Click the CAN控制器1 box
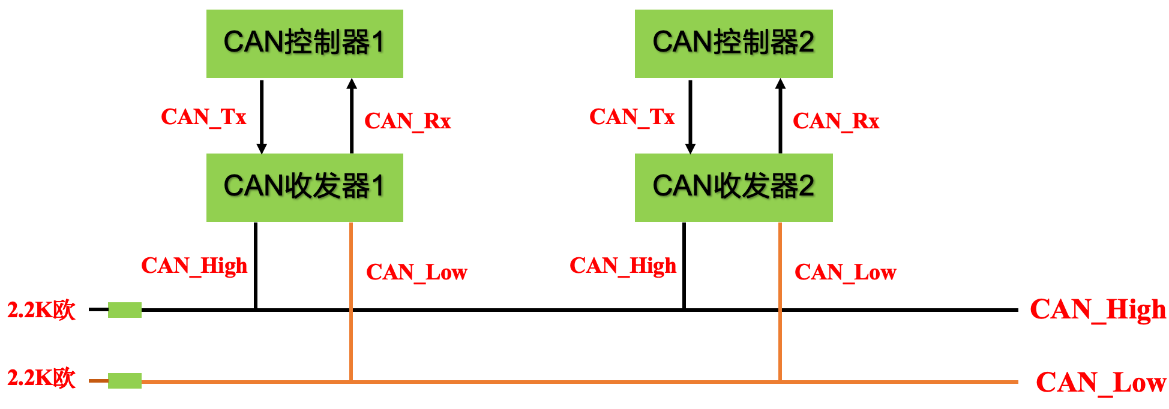(304, 43)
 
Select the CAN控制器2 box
(733, 43)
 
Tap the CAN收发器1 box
(304, 187)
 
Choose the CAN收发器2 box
(733, 187)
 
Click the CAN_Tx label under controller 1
(203, 117)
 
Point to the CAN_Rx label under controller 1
(407, 121)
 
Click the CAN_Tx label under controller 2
(632, 117)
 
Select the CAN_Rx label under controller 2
(836, 121)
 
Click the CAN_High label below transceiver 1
(194, 266)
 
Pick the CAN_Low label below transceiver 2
(845, 272)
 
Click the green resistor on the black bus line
(125, 310)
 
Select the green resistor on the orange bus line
(125, 381)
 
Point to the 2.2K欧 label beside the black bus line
(41, 310)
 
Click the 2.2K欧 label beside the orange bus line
(41, 378)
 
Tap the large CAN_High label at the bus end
(1098, 310)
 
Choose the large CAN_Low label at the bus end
(1101, 383)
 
